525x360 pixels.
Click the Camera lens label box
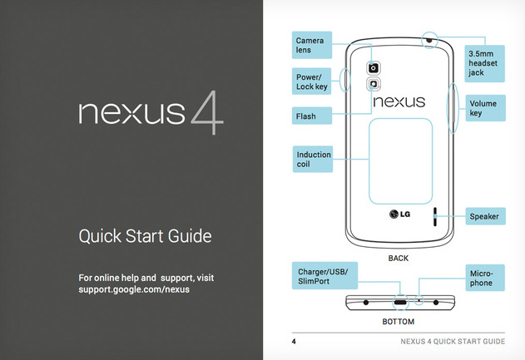pyautogui.click(x=312, y=45)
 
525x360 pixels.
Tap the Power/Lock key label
pyautogui.click(x=311, y=81)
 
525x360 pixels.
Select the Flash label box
pyautogui.click(x=312, y=116)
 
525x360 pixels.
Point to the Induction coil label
pyautogui.click(x=313, y=160)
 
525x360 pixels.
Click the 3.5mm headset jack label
pyautogui.click(x=484, y=63)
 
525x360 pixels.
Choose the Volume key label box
pyautogui.click(x=486, y=108)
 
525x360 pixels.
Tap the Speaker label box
pyautogui.click(x=486, y=216)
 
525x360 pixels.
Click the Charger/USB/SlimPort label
pyautogui.click(x=324, y=276)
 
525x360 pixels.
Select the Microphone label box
pyautogui.click(x=485, y=278)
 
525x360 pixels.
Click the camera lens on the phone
pyautogui.click(x=374, y=68)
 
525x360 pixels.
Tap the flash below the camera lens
pyautogui.click(x=374, y=84)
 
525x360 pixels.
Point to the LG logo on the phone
pyautogui.click(x=399, y=215)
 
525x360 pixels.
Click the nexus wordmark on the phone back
pyautogui.click(x=399, y=101)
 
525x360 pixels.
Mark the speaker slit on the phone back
pyautogui.click(x=435, y=217)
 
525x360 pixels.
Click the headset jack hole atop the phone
pyautogui.click(x=429, y=40)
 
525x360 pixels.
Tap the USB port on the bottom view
pyautogui.click(x=400, y=303)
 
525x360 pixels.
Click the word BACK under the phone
pyautogui.click(x=399, y=259)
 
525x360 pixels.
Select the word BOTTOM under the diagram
pyautogui.click(x=399, y=322)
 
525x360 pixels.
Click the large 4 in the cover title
pyautogui.click(x=207, y=113)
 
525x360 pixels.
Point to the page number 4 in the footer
pyautogui.click(x=294, y=342)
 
